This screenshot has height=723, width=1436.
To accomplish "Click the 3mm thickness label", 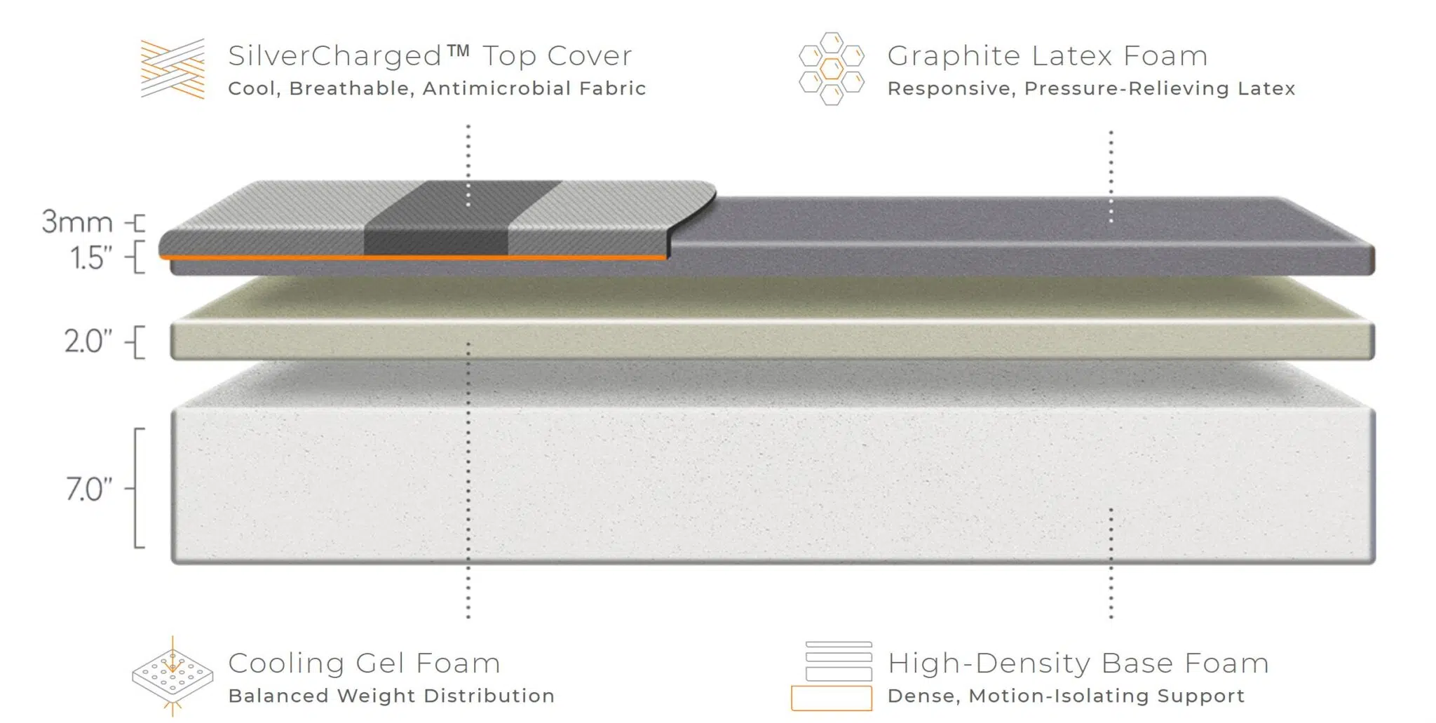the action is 77,222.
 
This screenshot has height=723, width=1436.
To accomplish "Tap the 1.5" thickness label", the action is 91,258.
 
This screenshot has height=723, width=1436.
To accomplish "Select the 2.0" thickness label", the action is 88,342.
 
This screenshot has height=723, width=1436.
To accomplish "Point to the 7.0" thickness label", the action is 89,489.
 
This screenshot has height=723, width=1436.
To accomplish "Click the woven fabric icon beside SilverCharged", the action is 172,69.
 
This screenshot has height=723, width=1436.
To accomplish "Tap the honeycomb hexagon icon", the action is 832,69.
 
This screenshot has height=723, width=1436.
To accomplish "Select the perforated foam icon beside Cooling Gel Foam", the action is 172,676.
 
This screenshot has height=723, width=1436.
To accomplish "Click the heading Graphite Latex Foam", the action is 1048,56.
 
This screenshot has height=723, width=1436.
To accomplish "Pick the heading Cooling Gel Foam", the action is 364,663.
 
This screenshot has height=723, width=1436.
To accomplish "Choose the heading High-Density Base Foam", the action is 1078,663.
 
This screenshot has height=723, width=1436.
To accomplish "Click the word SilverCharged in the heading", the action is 335,56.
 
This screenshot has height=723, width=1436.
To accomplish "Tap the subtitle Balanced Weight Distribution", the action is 391,696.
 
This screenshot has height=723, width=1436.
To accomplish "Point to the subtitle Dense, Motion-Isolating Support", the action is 1066,696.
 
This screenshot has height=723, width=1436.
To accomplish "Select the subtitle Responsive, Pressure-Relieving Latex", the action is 1091,88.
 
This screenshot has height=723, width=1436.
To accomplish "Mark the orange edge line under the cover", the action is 414,257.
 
